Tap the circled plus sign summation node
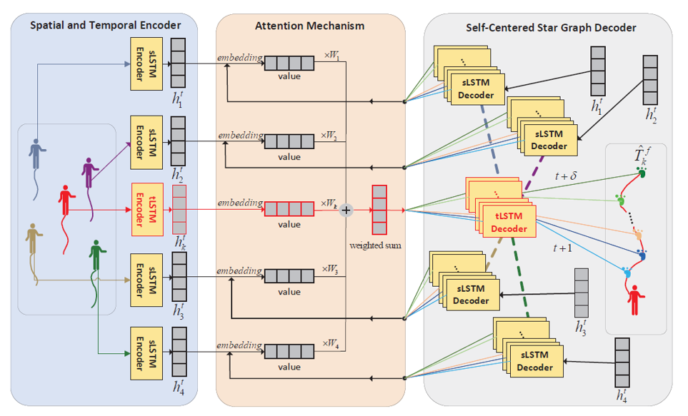coord(346,210)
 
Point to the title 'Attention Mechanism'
coord(309,26)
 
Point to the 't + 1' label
coord(564,248)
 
